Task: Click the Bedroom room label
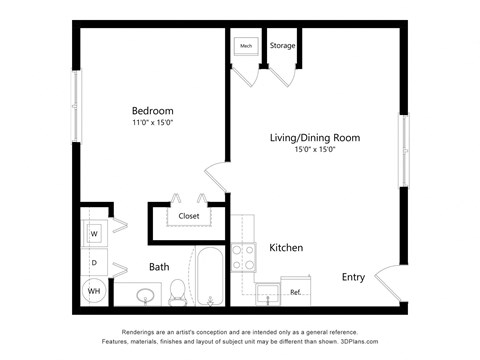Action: tap(152, 110)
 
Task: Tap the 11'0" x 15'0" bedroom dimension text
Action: tap(152, 123)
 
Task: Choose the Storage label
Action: tap(282, 46)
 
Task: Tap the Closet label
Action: tap(189, 216)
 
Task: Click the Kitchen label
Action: tap(286, 247)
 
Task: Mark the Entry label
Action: tap(353, 277)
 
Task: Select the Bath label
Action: tap(159, 267)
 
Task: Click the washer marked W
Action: tap(94, 234)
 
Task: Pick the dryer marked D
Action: tap(94, 262)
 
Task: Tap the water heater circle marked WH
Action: tap(94, 291)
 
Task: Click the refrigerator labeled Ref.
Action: tap(296, 292)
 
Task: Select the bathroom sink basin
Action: tap(146, 296)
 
